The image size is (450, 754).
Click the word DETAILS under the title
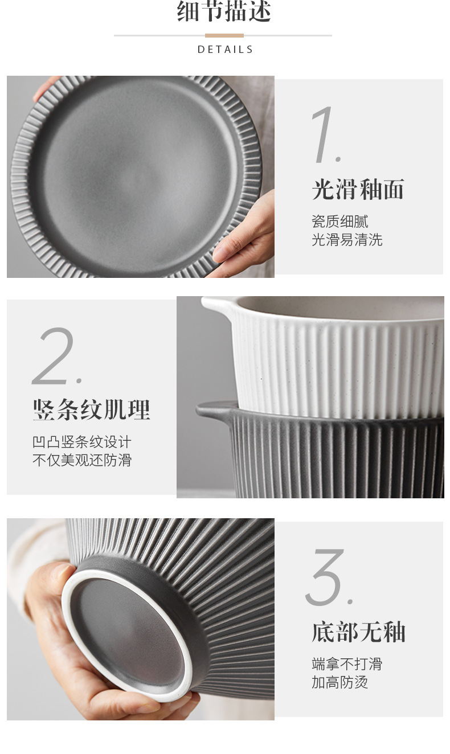(x=225, y=50)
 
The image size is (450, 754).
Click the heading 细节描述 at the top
(x=224, y=11)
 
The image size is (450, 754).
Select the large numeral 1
(x=326, y=135)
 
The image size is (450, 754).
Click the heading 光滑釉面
(x=358, y=190)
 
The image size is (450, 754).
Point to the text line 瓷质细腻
(x=339, y=222)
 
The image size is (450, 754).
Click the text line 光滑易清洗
(x=346, y=240)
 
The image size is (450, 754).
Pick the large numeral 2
(x=57, y=356)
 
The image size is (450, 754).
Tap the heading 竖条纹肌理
(x=91, y=410)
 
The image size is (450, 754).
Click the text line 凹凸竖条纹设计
(x=81, y=442)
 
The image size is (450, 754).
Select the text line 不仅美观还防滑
(x=81, y=460)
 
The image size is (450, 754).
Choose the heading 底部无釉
(x=358, y=632)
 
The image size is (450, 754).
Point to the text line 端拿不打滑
(x=346, y=664)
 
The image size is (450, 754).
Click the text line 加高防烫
(x=339, y=682)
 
